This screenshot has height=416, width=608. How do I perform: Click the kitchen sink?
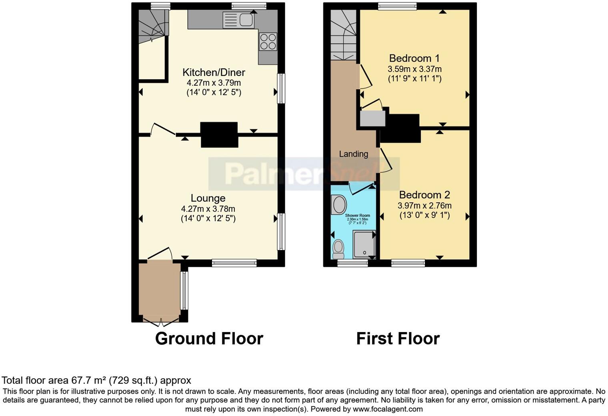pyautogui.click(x=238, y=20)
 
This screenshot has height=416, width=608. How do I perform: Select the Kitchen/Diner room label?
pyautogui.click(x=214, y=72)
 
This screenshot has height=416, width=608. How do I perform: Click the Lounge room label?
pyautogui.click(x=208, y=198)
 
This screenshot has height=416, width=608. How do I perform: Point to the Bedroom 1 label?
pyautogui.click(x=414, y=58)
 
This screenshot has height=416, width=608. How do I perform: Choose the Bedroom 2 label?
pyautogui.click(x=424, y=195)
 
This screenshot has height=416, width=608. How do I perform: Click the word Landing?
pyautogui.click(x=354, y=154)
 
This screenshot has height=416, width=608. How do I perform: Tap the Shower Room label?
pyautogui.click(x=357, y=216)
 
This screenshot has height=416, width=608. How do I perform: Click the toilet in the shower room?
pyautogui.click(x=338, y=248)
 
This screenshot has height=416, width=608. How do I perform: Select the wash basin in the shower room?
pyautogui.click(x=339, y=204)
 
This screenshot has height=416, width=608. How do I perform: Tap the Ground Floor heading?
pyautogui.click(x=209, y=339)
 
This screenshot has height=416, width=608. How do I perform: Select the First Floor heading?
pyautogui.click(x=398, y=339)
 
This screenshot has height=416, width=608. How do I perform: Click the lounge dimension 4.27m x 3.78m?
pyautogui.click(x=208, y=209)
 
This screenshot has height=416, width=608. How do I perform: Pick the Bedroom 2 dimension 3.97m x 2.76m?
pyautogui.click(x=424, y=206)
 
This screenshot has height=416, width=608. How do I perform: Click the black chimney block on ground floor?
pyautogui.click(x=219, y=135)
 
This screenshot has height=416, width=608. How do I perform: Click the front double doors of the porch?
pyautogui.click(x=160, y=321)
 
